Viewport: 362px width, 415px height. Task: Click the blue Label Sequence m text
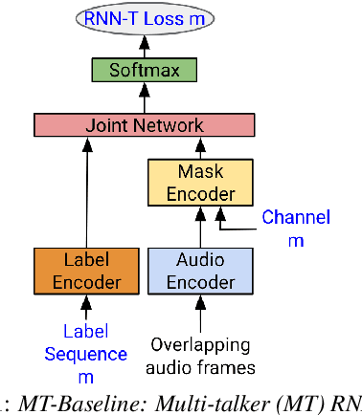tap(95, 343)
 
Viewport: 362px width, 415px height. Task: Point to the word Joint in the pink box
tap(104, 124)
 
